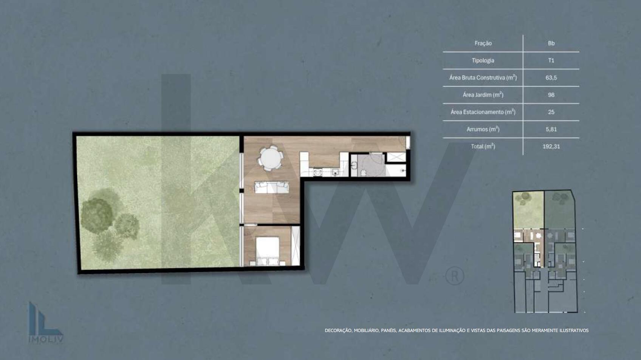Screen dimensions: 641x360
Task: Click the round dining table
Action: click(x=271, y=158)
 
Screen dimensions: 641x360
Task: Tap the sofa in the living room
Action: click(x=272, y=187)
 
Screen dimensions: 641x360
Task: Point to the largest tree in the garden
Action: click(x=97, y=212)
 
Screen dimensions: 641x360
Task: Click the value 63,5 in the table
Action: click(x=551, y=78)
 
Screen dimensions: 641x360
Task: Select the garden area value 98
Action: click(x=551, y=95)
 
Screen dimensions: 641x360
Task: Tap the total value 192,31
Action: click(x=551, y=147)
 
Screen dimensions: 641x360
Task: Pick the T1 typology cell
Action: click(x=551, y=60)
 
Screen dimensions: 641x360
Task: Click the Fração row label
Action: click(x=483, y=43)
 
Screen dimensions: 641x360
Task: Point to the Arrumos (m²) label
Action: click(x=483, y=129)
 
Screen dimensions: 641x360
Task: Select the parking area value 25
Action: click(x=551, y=112)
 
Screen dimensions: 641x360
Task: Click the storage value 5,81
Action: click(x=551, y=129)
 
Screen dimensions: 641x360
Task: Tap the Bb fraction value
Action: click(x=551, y=43)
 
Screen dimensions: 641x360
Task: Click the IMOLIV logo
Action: click(x=45, y=323)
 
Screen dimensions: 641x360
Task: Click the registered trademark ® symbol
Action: click(x=455, y=276)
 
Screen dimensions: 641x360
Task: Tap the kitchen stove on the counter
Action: click(x=317, y=172)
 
